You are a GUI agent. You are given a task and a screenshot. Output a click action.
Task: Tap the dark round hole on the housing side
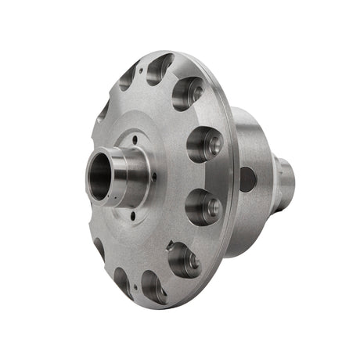pos(247,179)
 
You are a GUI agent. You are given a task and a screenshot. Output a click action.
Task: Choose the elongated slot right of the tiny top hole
pos(160,67)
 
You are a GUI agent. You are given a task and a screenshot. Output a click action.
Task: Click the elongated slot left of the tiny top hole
pos(128,76)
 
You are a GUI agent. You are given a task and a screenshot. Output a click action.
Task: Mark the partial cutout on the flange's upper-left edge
pos(103,110)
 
